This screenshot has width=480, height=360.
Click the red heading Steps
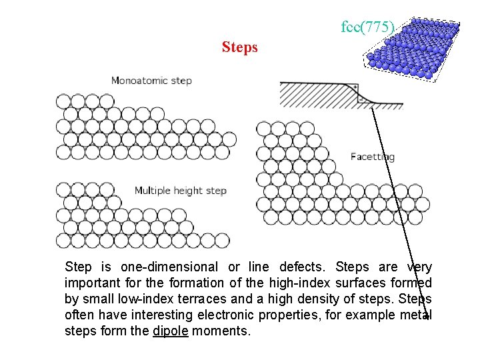click(x=239, y=48)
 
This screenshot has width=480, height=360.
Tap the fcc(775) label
click(x=368, y=27)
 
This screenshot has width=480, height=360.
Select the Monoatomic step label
click(x=151, y=81)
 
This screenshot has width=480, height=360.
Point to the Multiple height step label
click(x=181, y=191)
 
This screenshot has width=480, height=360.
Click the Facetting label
click(x=373, y=157)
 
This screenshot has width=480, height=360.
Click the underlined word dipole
click(x=171, y=330)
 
